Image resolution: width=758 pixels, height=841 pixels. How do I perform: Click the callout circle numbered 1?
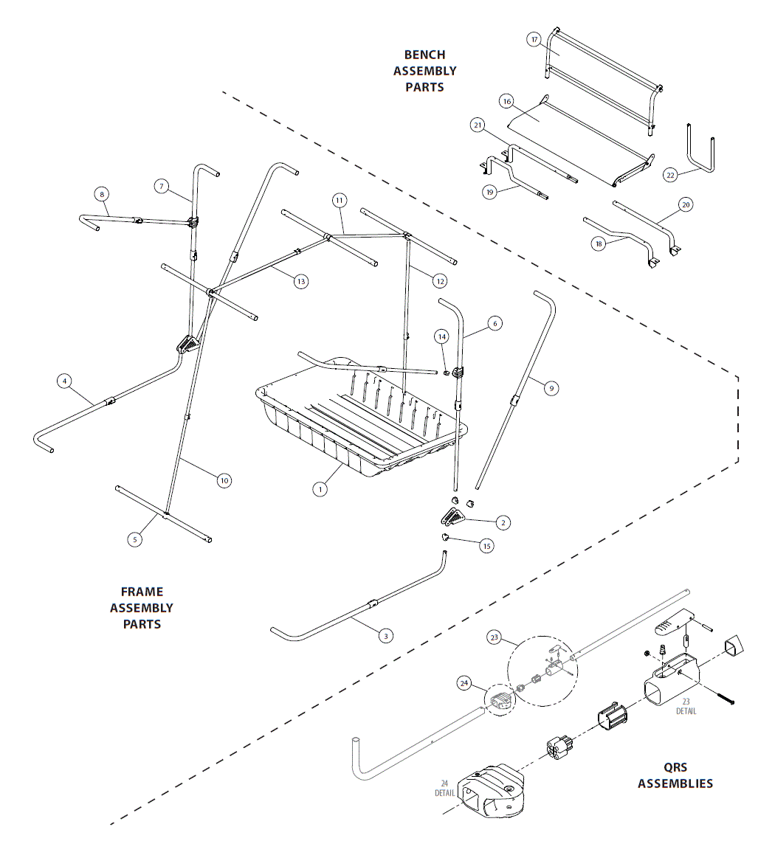(x=320, y=488)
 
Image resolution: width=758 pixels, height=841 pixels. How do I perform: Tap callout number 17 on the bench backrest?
(x=535, y=40)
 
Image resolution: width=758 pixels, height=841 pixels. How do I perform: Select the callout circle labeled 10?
(x=224, y=480)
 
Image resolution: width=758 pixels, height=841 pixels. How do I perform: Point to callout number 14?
(x=442, y=336)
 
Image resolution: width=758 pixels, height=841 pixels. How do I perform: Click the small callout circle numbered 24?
(x=465, y=684)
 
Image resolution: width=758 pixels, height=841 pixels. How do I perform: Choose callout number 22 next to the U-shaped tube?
(x=670, y=175)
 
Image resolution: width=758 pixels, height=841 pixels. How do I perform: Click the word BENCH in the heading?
(x=424, y=55)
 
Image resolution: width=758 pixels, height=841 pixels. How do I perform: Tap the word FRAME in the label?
(x=142, y=592)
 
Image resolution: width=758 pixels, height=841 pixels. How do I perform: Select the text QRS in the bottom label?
(x=675, y=767)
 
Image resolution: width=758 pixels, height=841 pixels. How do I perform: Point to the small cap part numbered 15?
(x=445, y=537)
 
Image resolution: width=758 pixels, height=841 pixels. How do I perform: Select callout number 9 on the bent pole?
(x=551, y=388)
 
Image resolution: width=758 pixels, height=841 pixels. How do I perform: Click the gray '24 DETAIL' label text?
(x=444, y=789)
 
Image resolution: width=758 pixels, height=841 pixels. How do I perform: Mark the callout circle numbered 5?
(x=134, y=539)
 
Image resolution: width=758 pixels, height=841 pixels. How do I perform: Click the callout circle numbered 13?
(x=300, y=281)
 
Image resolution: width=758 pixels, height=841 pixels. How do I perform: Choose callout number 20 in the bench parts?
(x=686, y=205)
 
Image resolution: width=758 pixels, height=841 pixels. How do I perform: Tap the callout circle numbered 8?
(x=102, y=194)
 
